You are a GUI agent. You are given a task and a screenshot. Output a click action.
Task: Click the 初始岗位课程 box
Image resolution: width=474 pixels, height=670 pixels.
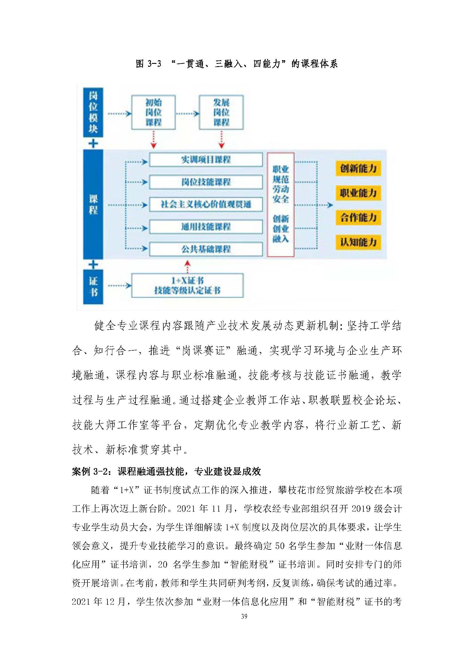coord(154,112)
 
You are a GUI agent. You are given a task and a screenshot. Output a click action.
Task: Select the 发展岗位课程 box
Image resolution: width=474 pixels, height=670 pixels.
coord(221,112)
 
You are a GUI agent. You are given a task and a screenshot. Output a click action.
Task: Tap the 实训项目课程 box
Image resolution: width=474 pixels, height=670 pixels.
coord(206,160)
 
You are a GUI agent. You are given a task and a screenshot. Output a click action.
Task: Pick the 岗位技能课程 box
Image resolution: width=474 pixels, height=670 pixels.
coord(206,182)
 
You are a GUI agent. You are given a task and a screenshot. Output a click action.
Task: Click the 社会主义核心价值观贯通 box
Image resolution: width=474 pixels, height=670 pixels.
coord(206,204)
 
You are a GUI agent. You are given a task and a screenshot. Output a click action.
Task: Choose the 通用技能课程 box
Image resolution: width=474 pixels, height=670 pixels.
coord(206,227)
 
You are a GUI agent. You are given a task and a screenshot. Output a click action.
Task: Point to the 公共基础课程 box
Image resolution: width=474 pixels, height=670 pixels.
coord(206,249)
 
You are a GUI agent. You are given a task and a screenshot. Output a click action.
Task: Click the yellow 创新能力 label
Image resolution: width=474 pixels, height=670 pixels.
coord(358,168)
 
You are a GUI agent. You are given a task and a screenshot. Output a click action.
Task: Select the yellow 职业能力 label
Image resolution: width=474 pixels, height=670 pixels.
coord(358,193)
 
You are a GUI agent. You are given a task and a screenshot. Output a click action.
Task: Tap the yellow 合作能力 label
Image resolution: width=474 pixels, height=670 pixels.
coord(358,217)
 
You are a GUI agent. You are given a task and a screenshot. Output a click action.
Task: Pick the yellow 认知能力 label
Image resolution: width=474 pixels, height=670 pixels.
coord(358,242)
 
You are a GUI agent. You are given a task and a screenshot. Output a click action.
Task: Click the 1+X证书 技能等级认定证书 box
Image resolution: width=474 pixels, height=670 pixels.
coord(187,285)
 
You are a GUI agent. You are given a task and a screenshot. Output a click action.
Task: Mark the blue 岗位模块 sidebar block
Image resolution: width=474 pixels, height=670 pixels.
coord(93,112)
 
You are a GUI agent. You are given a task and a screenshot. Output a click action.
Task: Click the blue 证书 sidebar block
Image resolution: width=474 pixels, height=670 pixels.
coord(93,287)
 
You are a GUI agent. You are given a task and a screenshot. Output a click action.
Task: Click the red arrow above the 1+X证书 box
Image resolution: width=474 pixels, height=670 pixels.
coord(187,266)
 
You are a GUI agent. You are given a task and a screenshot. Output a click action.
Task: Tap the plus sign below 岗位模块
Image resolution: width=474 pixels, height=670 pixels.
coord(93,144)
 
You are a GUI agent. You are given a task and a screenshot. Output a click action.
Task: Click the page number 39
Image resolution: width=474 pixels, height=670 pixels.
coord(244,616)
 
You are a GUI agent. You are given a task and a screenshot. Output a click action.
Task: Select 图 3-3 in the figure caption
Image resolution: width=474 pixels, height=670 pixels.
coord(148,64)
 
